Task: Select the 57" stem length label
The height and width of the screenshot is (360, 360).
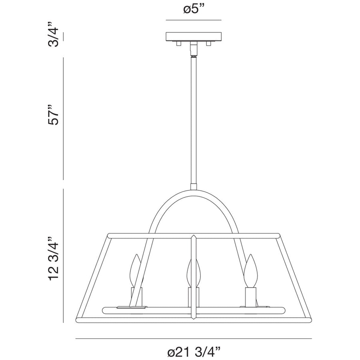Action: point(54,115)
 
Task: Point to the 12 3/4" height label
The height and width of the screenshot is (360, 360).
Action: point(54,256)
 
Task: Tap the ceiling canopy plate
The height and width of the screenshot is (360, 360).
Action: point(194,37)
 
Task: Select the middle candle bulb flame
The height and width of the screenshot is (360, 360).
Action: point(193,272)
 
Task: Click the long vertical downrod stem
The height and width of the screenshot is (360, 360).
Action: point(194,120)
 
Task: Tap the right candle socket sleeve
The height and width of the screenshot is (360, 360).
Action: point(251,295)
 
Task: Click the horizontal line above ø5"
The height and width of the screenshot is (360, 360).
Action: point(194,20)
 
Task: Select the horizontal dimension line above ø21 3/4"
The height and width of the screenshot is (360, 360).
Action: point(194,339)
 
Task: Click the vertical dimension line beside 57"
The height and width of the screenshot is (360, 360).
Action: point(64,118)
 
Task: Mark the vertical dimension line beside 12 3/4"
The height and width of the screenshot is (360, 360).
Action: point(64,256)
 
